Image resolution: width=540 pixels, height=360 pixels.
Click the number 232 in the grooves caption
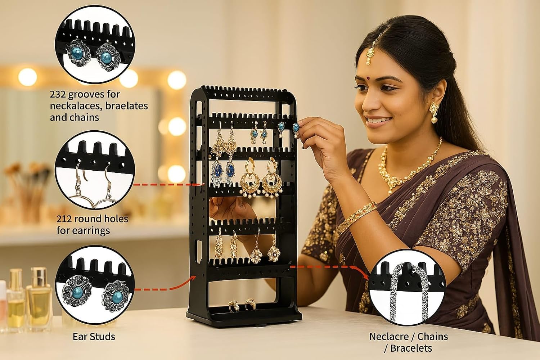tap(58, 94)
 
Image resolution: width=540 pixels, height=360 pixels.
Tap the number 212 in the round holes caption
tap(65, 219)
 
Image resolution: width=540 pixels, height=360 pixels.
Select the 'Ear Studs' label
tap(94, 337)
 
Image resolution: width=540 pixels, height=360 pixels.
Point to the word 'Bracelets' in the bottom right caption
tap(411, 348)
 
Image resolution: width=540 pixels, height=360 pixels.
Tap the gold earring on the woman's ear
tap(434, 110)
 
